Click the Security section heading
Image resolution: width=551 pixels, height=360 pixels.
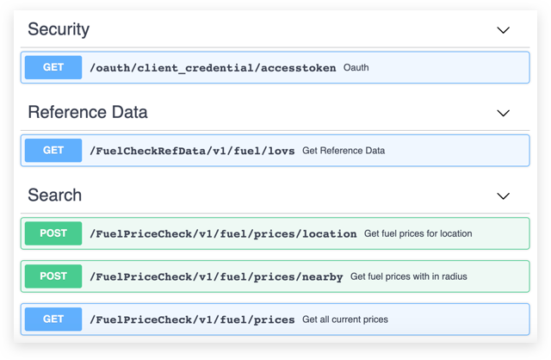pyautogui.click(x=59, y=29)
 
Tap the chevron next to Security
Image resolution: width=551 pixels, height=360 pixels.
pyautogui.click(x=503, y=30)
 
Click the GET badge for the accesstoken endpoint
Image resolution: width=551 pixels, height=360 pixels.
pyautogui.click(x=53, y=67)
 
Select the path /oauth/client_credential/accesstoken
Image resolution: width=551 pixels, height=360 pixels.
pyautogui.click(x=213, y=68)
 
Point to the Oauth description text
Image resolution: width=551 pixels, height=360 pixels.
pyautogui.click(x=356, y=67)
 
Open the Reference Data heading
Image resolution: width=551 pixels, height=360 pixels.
pyautogui.click(x=88, y=112)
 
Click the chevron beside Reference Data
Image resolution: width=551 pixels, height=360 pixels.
pyautogui.click(x=503, y=113)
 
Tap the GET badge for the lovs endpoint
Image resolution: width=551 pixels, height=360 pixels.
pyautogui.click(x=53, y=150)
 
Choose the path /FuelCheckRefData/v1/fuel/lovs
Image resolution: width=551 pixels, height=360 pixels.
pyautogui.click(x=192, y=151)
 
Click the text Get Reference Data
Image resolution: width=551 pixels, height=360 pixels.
pyautogui.click(x=344, y=151)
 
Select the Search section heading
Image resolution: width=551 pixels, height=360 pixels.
pyautogui.click(x=55, y=196)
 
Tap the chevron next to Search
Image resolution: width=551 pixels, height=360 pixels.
pyautogui.click(x=503, y=196)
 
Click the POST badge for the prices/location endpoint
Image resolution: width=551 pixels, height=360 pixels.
pyautogui.click(x=53, y=233)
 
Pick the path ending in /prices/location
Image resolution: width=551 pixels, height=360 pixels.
pyautogui.click(x=223, y=233)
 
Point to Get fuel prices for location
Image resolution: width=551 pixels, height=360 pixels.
pyautogui.click(x=418, y=233)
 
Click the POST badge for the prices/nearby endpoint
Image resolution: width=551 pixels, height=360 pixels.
pyautogui.click(x=53, y=276)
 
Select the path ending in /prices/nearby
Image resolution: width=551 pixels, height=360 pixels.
pyautogui.click(x=216, y=277)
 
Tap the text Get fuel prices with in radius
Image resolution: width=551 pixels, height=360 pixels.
pyautogui.click(x=409, y=276)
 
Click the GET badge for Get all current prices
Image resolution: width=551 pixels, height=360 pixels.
pyautogui.click(x=53, y=319)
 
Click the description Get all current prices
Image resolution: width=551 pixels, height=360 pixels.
pyautogui.click(x=345, y=320)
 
